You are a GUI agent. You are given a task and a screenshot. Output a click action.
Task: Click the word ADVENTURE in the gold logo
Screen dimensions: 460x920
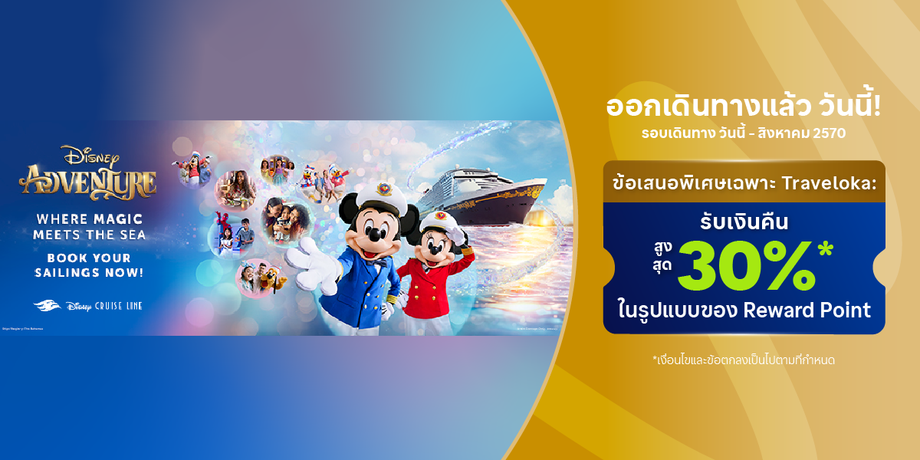[x=87, y=182]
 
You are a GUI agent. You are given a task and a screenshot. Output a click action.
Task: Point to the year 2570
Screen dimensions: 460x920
[x=827, y=133]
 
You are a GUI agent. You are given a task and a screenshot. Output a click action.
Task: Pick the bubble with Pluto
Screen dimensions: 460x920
[x=258, y=278]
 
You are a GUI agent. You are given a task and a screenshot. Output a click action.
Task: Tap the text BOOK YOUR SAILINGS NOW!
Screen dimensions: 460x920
[x=89, y=265]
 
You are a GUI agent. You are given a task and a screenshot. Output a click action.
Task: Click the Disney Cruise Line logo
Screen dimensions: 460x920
[x=88, y=306]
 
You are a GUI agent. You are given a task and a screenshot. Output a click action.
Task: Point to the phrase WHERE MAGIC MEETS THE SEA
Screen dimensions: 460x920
[x=90, y=226]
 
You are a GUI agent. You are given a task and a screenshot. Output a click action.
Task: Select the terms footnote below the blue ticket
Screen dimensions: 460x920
[x=742, y=360]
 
